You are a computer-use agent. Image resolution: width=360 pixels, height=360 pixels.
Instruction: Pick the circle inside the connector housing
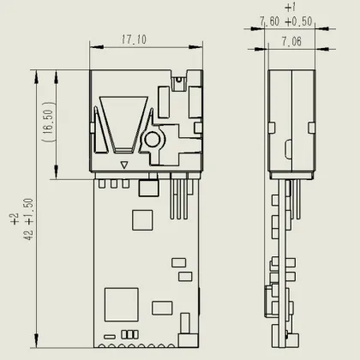[x=152, y=139]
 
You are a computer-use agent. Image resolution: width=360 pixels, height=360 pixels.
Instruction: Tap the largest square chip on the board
[x=122, y=304]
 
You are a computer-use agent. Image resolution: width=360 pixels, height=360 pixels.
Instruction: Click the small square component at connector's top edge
[x=177, y=83]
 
